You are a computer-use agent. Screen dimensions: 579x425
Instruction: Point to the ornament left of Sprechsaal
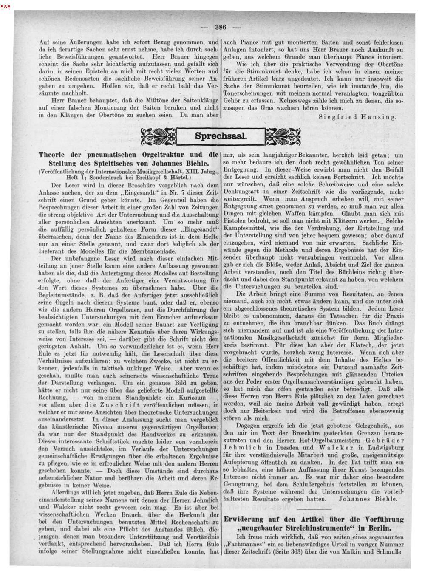(158, 136)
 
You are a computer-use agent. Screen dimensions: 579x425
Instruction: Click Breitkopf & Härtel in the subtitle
(167, 176)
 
